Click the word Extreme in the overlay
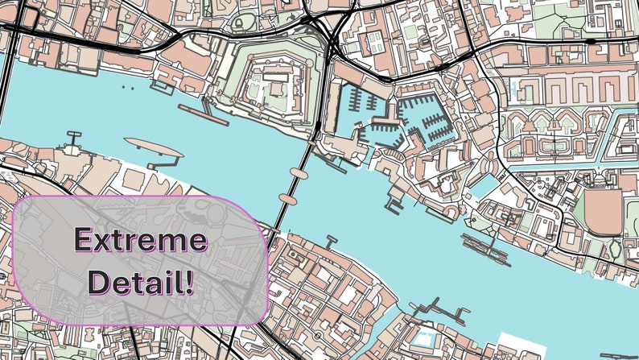pyautogui.click(x=140, y=240)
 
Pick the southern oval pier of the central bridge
pyautogui.click(x=287, y=197)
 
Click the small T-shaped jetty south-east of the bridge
pyautogui.click(x=329, y=240)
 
